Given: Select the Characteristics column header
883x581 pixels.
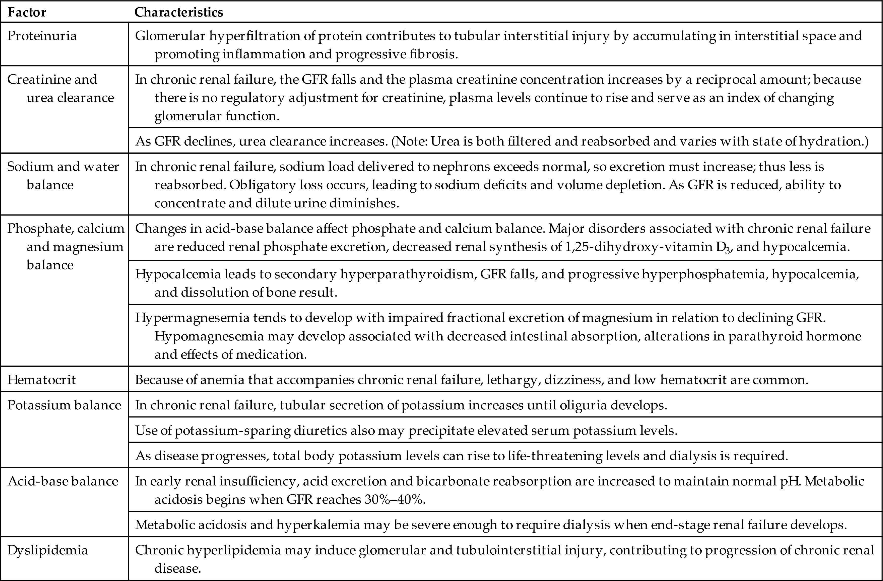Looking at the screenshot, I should (x=179, y=12).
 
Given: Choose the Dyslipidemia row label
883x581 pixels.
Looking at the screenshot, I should (x=47, y=550).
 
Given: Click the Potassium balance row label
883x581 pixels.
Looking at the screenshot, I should (x=64, y=405).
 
